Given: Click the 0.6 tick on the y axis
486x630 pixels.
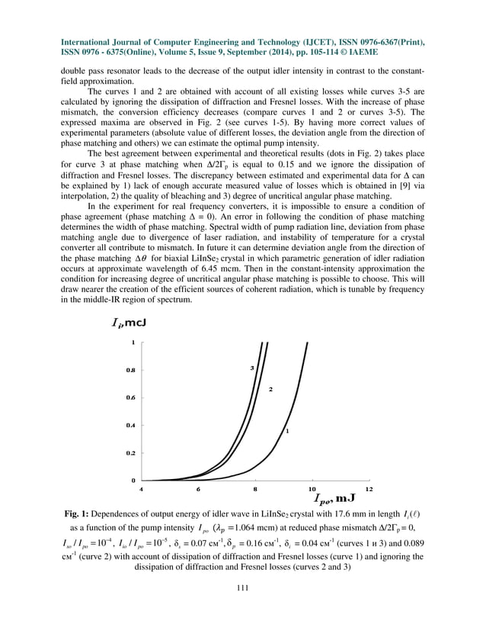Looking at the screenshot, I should (x=131, y=397).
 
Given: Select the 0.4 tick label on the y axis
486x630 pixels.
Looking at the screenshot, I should (x=131, y=425).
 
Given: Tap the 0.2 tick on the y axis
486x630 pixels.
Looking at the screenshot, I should (x=131, y=452).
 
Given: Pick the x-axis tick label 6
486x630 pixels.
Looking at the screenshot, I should (x=197, y=488).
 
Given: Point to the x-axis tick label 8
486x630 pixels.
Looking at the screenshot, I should (x=254, y=488).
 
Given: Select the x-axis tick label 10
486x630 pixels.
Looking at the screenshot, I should (x=312, y=488).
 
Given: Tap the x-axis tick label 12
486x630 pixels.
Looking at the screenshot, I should (x=369, y=488).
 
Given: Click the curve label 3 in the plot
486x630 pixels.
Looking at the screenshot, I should (x=252, y=368).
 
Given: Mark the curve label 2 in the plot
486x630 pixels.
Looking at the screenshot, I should (x=270, y=389).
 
